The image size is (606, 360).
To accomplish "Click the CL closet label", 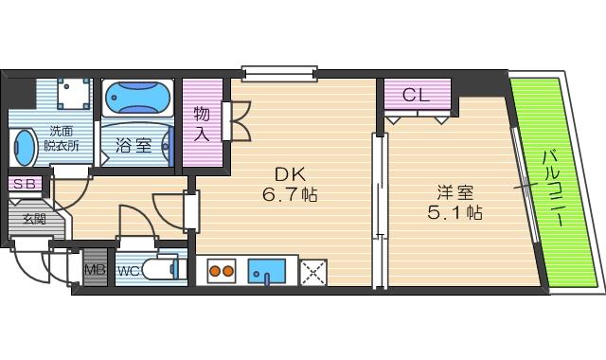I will (417, 95).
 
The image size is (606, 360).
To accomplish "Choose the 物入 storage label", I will (201, 123).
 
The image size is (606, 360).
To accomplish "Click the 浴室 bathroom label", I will (134, 146).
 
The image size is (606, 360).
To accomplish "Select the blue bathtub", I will (135, 99).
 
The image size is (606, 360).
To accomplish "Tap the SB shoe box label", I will (23, 183).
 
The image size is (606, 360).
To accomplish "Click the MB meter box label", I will (95, 269).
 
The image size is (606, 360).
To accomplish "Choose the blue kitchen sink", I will (272, 272).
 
